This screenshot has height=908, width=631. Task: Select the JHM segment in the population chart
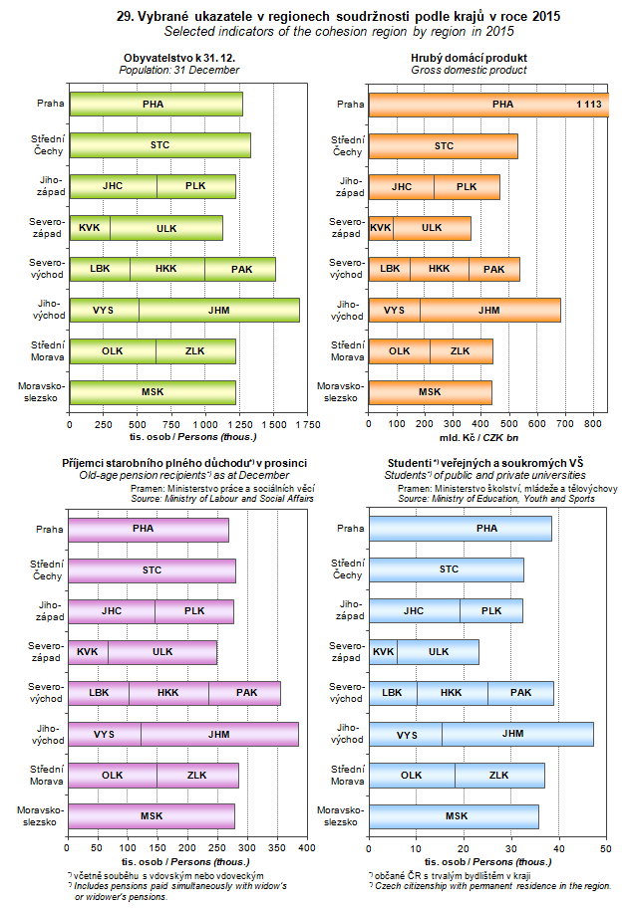click(x=218, y=310)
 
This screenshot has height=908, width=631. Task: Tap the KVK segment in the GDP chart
click(x=380, y=227)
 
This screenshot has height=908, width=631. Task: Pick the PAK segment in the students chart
click(x=520, y=693)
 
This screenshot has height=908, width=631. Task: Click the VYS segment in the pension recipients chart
click(x=105, y=734)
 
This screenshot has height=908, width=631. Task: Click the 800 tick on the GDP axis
click(x=594, y=424)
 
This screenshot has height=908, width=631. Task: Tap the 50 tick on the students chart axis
click(x=606, y=848)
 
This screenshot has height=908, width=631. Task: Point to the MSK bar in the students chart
click(x=455, y=815)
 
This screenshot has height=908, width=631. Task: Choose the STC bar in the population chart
click(x=159, y=145)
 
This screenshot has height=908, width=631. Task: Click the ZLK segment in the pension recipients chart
click(x=197, y=775)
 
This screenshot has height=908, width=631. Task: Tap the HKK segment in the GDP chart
click(x=439, y=269)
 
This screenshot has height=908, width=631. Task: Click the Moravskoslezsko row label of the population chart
click(x=38, y=392)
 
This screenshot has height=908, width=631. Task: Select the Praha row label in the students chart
click(x=351, y=529)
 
